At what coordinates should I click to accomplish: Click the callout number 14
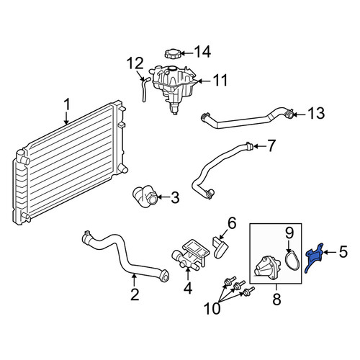coord(202,52)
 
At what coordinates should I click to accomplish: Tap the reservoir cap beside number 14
coord(172,53)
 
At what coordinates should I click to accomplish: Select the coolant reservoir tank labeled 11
coord(173,88)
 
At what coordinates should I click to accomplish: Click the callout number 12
coord(135,63)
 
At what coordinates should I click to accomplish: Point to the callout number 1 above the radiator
coord(67,104)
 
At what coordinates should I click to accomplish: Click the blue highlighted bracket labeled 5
coord(313,258)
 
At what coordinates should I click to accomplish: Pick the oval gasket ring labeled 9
coord(292,260)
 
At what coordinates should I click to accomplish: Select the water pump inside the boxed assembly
coord(267,268)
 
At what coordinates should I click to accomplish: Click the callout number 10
coord(212,308)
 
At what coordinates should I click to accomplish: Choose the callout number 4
coord(188,288)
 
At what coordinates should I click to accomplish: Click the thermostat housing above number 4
coord(189,256)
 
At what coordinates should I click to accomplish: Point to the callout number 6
coord(232,223)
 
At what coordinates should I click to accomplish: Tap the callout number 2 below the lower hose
coord(135,294)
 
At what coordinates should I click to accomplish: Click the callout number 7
coord(271,146)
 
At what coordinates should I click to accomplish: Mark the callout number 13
coord(316,113)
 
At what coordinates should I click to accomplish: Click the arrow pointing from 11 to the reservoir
coord(204,81)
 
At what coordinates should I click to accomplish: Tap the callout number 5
coord(343,252)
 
